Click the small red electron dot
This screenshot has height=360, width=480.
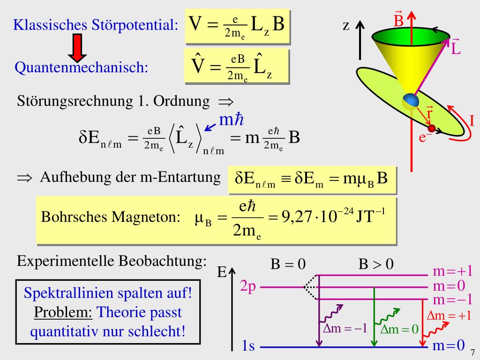[x=432, y=127]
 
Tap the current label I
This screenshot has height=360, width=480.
[x=472, y=121]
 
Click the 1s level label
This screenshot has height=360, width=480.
[x=248, y=347]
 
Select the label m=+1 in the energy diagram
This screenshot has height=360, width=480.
[x=452, y=271]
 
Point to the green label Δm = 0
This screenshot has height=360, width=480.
[x=399, y=329]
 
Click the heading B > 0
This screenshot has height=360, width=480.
[x=376, y=265]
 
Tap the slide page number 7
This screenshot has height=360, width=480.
[x=472, y=352]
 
